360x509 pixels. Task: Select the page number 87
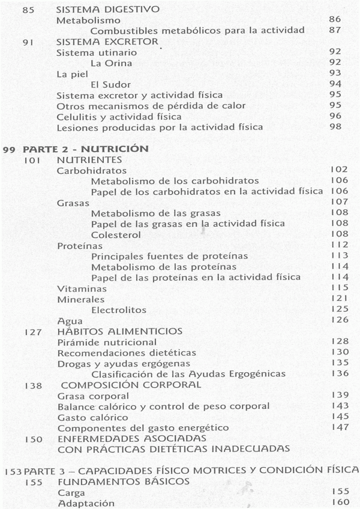(335, 30)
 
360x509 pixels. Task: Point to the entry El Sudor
(109, 84)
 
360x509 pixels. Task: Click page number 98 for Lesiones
(335, 127)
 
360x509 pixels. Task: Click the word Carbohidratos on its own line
(87, 171)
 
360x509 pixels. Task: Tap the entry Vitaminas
(78, 288)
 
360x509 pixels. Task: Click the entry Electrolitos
(118, 310)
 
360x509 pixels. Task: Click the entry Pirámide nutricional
(98, 342)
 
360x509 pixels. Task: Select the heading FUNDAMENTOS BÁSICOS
(116, 481)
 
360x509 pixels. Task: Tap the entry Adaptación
(82, 502)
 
